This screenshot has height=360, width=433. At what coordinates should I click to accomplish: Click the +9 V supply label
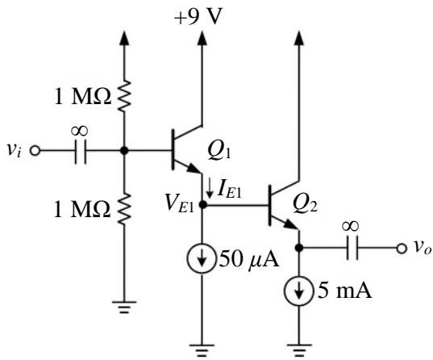[198, 17]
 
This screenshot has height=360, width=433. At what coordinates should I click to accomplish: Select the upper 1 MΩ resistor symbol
[124, 96]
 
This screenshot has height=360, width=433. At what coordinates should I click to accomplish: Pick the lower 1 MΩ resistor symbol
[124, 208]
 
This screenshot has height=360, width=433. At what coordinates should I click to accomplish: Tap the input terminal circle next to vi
[35, 151]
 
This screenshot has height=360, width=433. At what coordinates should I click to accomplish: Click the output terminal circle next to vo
[402, 248]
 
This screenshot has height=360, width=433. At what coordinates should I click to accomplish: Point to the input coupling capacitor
[81, 152]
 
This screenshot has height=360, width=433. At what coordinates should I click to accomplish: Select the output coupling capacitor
[352, 248]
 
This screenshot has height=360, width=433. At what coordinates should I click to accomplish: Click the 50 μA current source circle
[202, 259]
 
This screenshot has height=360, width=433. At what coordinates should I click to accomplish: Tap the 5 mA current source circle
[299, 291]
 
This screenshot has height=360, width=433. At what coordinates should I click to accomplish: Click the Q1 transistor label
[219, 152]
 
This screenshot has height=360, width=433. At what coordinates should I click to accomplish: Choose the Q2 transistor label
[305, 204]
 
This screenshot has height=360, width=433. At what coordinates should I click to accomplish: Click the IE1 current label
[229, 190]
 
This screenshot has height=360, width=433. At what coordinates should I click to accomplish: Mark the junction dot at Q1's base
[124, 151]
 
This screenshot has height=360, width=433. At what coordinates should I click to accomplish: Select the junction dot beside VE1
[202, 205]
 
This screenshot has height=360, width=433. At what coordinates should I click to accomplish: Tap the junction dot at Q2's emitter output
[299, 248]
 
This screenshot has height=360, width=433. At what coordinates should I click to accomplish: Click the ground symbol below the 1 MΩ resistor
[124, 307]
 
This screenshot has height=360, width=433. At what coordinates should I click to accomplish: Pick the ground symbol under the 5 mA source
[299, 350]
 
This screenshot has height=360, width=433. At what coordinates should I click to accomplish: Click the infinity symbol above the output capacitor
[351, 226]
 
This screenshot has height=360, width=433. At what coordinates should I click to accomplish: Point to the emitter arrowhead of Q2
[292, 224]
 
